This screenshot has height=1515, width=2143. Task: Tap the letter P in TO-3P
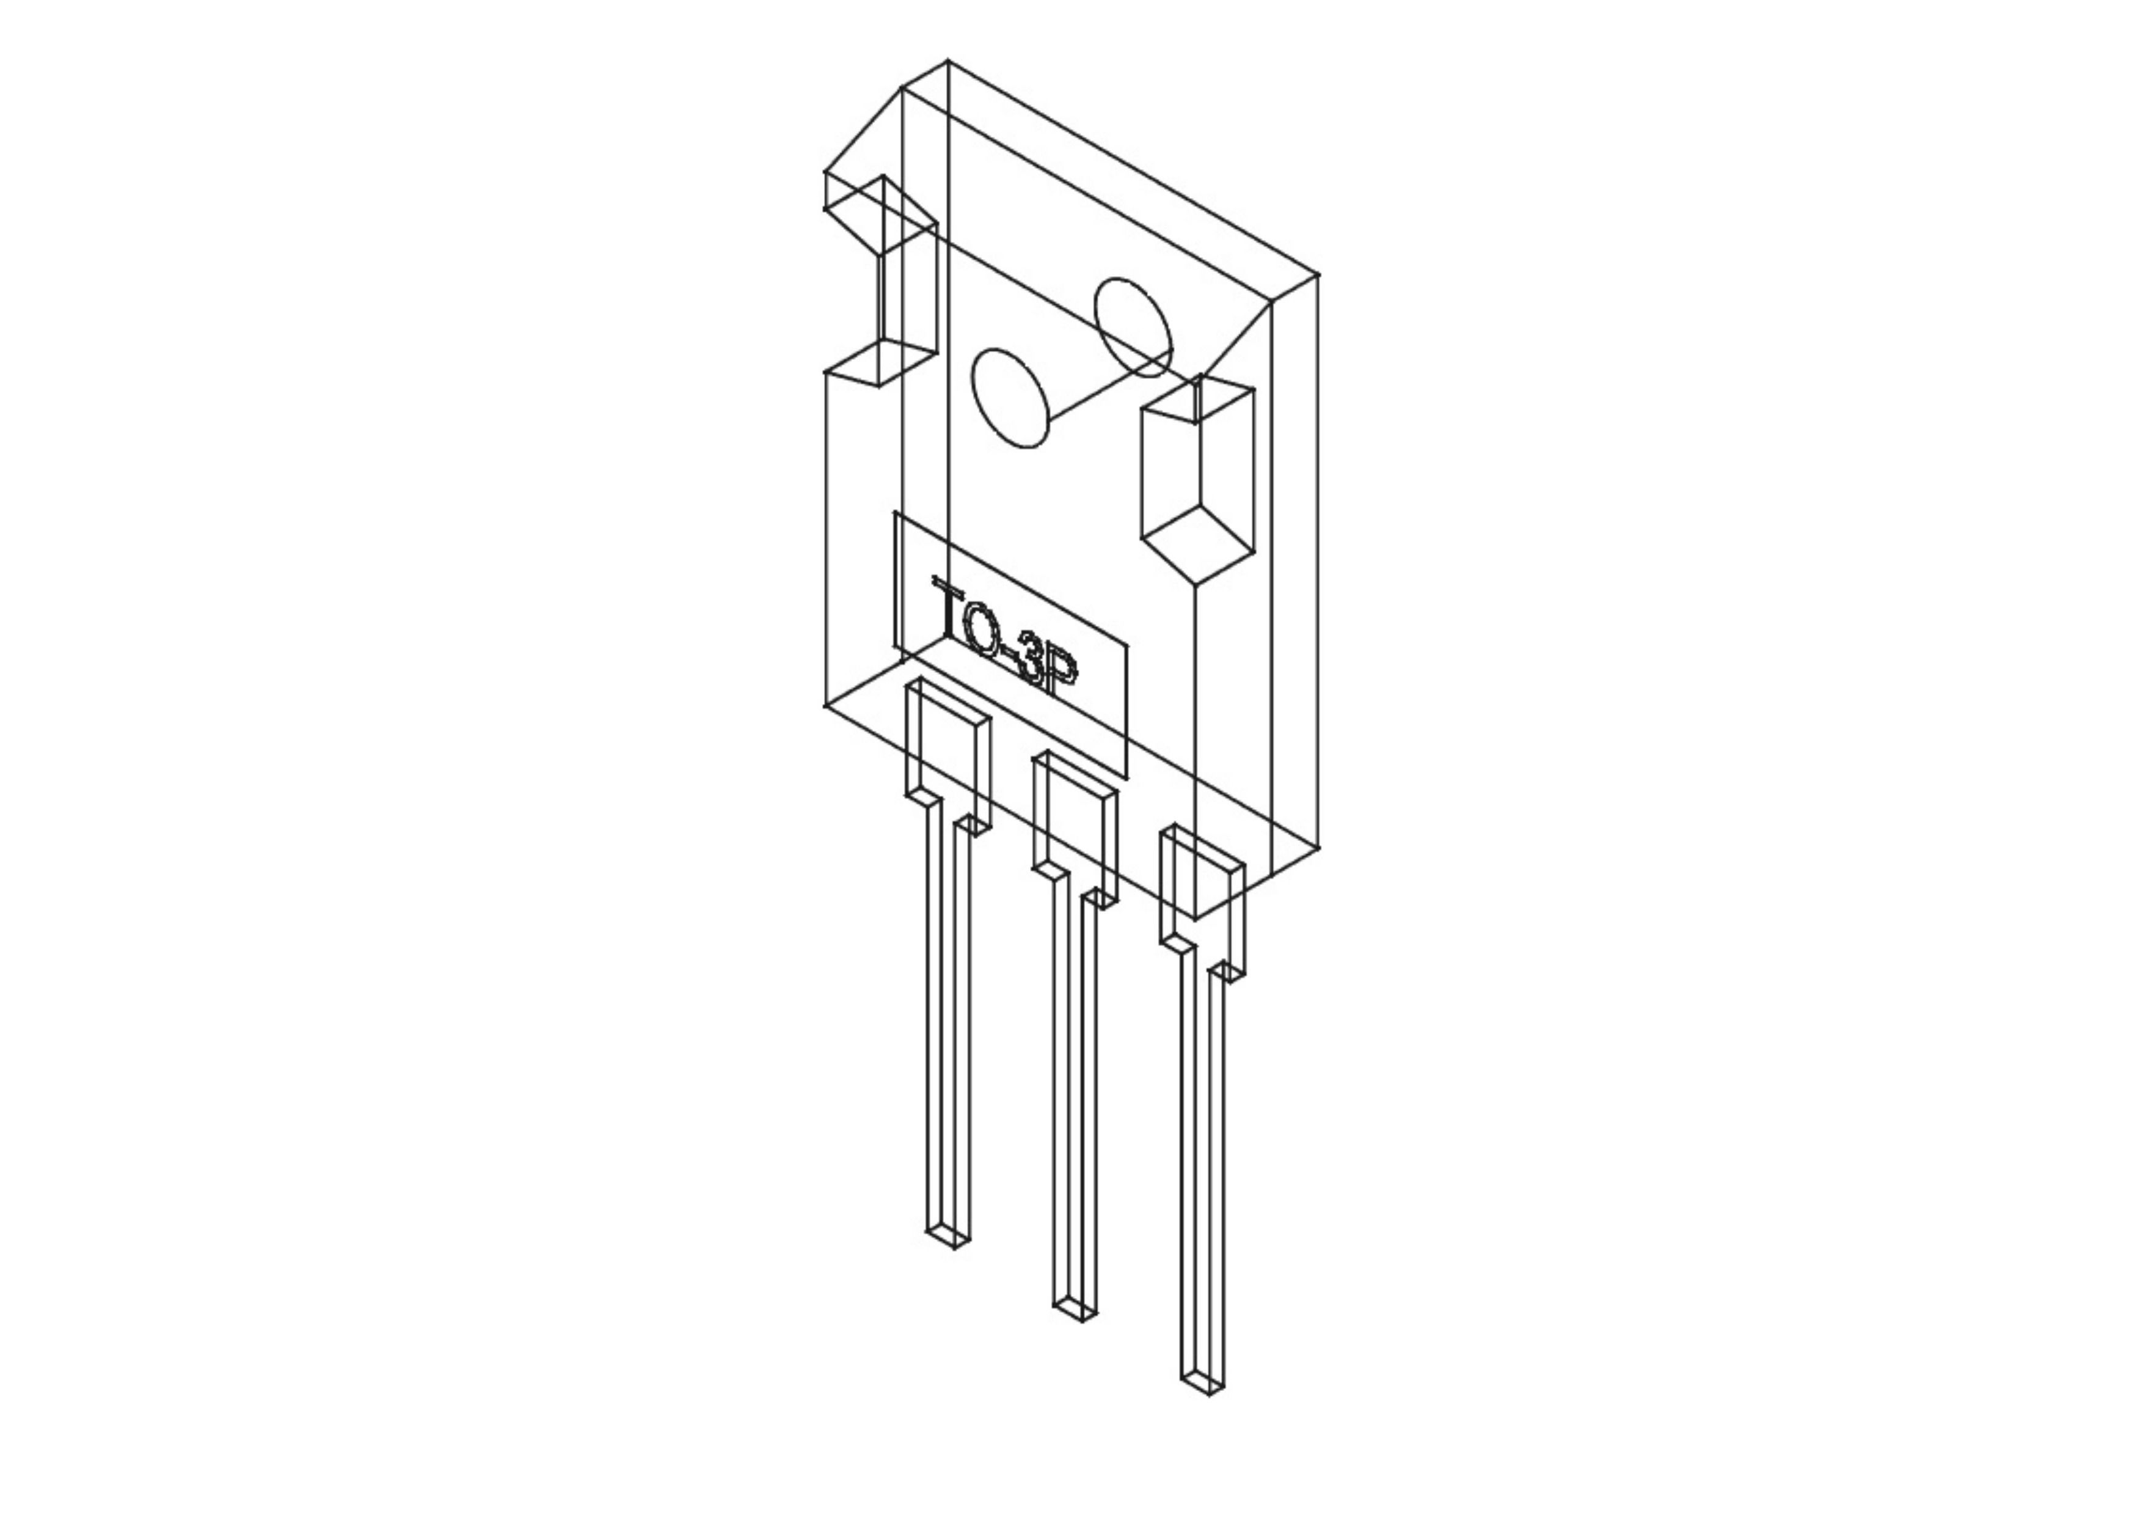pyautogui.click(x=1061, y=680)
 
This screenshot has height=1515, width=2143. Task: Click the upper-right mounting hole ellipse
pyautogui.click(x=1133, y=327)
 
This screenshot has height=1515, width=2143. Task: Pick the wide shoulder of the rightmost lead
pyautogui.click(x=1202, y=901)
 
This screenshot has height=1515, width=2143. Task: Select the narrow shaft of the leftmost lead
pyautogui.click(x=948, y=1027)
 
